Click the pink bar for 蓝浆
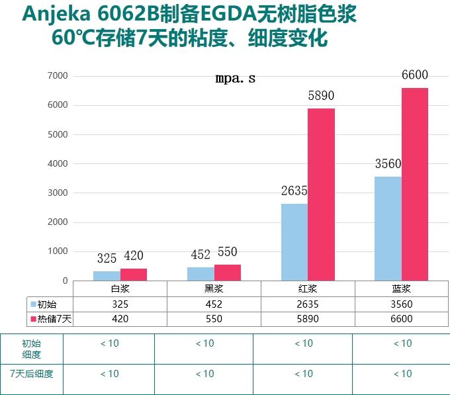coord(415,184)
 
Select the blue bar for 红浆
coord(294,241)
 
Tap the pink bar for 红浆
coord(321,194)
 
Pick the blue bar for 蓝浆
coord(388,228)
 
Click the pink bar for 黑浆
coord(228,272)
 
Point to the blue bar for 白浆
coord(107,275)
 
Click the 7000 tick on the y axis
coord(58,76)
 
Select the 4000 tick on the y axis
coord(58,163)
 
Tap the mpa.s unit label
coord(235,79)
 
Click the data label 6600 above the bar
coord(415,75)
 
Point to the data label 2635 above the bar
coord(294,191)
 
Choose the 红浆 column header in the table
coord(308,289)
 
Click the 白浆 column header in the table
coord(120,289)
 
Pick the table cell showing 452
coord(214,304)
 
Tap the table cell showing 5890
coord(308,319)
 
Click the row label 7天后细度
coord(32,373)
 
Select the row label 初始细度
coord(32,349)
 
